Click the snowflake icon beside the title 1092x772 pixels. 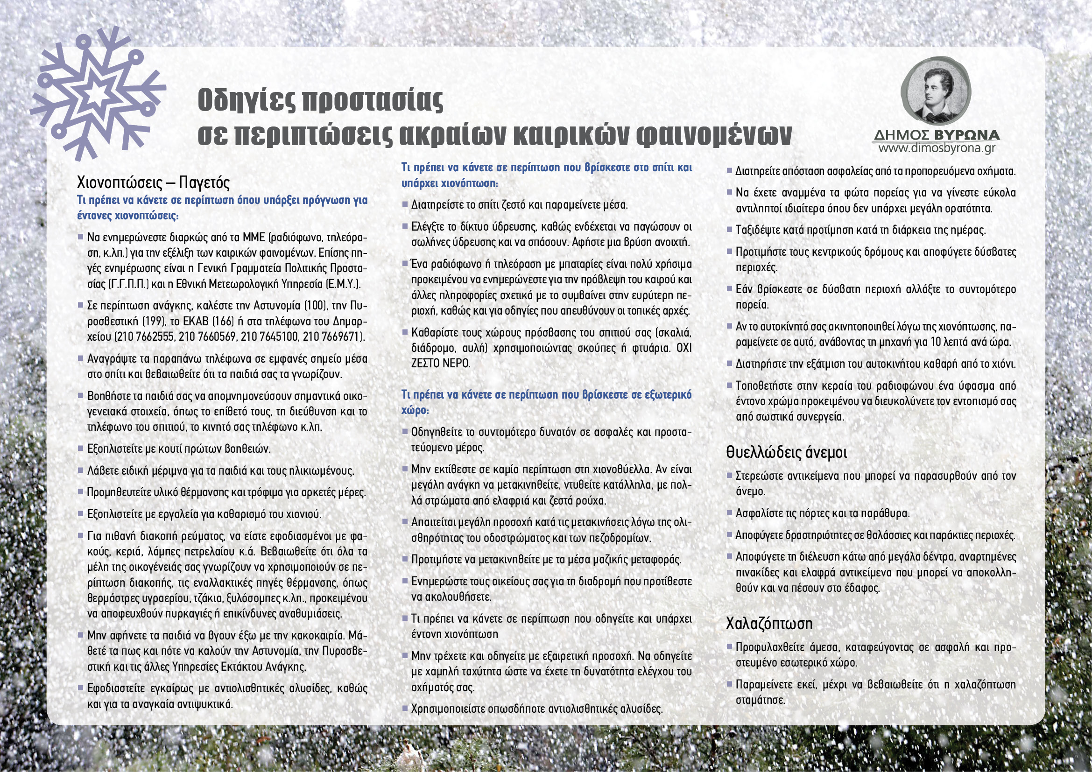(98, 94)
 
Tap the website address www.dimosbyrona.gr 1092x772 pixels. (937, 148)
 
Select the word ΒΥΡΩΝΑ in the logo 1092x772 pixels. (966, 135)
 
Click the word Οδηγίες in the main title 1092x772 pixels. (246, 100)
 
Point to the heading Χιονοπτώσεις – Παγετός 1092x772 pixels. (153, 182)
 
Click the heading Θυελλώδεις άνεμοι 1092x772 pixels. (786, 452)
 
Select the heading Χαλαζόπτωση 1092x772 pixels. (769, 623)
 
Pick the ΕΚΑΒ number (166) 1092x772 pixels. (226, 321)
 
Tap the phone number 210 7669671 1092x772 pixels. (333, 337)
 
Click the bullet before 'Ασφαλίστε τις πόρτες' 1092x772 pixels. (730, 512)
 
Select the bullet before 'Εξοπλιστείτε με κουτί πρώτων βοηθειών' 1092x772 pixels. (81, 448)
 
